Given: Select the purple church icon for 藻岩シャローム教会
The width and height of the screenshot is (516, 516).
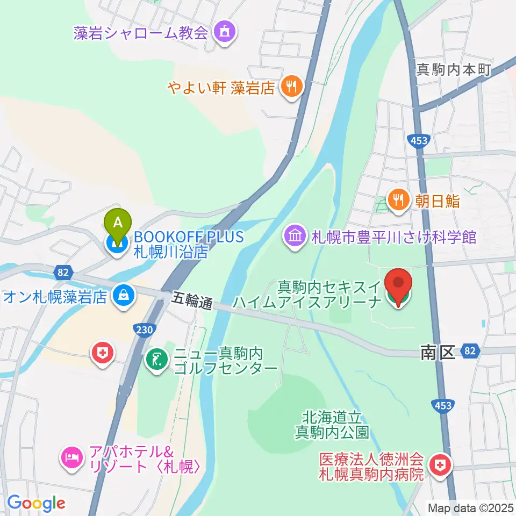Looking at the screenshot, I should pos(223,32).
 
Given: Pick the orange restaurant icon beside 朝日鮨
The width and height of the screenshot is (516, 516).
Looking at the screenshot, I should pos(398,200).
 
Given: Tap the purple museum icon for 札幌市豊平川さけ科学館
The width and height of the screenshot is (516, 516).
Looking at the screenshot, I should pos(295,236).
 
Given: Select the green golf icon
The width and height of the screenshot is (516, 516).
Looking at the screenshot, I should pos(156,361).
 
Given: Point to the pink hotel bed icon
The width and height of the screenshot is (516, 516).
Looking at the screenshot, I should pos(72,458).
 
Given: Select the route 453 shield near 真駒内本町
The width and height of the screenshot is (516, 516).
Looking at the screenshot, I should pos(418,140).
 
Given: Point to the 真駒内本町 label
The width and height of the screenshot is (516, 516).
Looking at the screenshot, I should pos(454,69).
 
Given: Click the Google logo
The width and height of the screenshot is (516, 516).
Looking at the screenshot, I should pos(36,503).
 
